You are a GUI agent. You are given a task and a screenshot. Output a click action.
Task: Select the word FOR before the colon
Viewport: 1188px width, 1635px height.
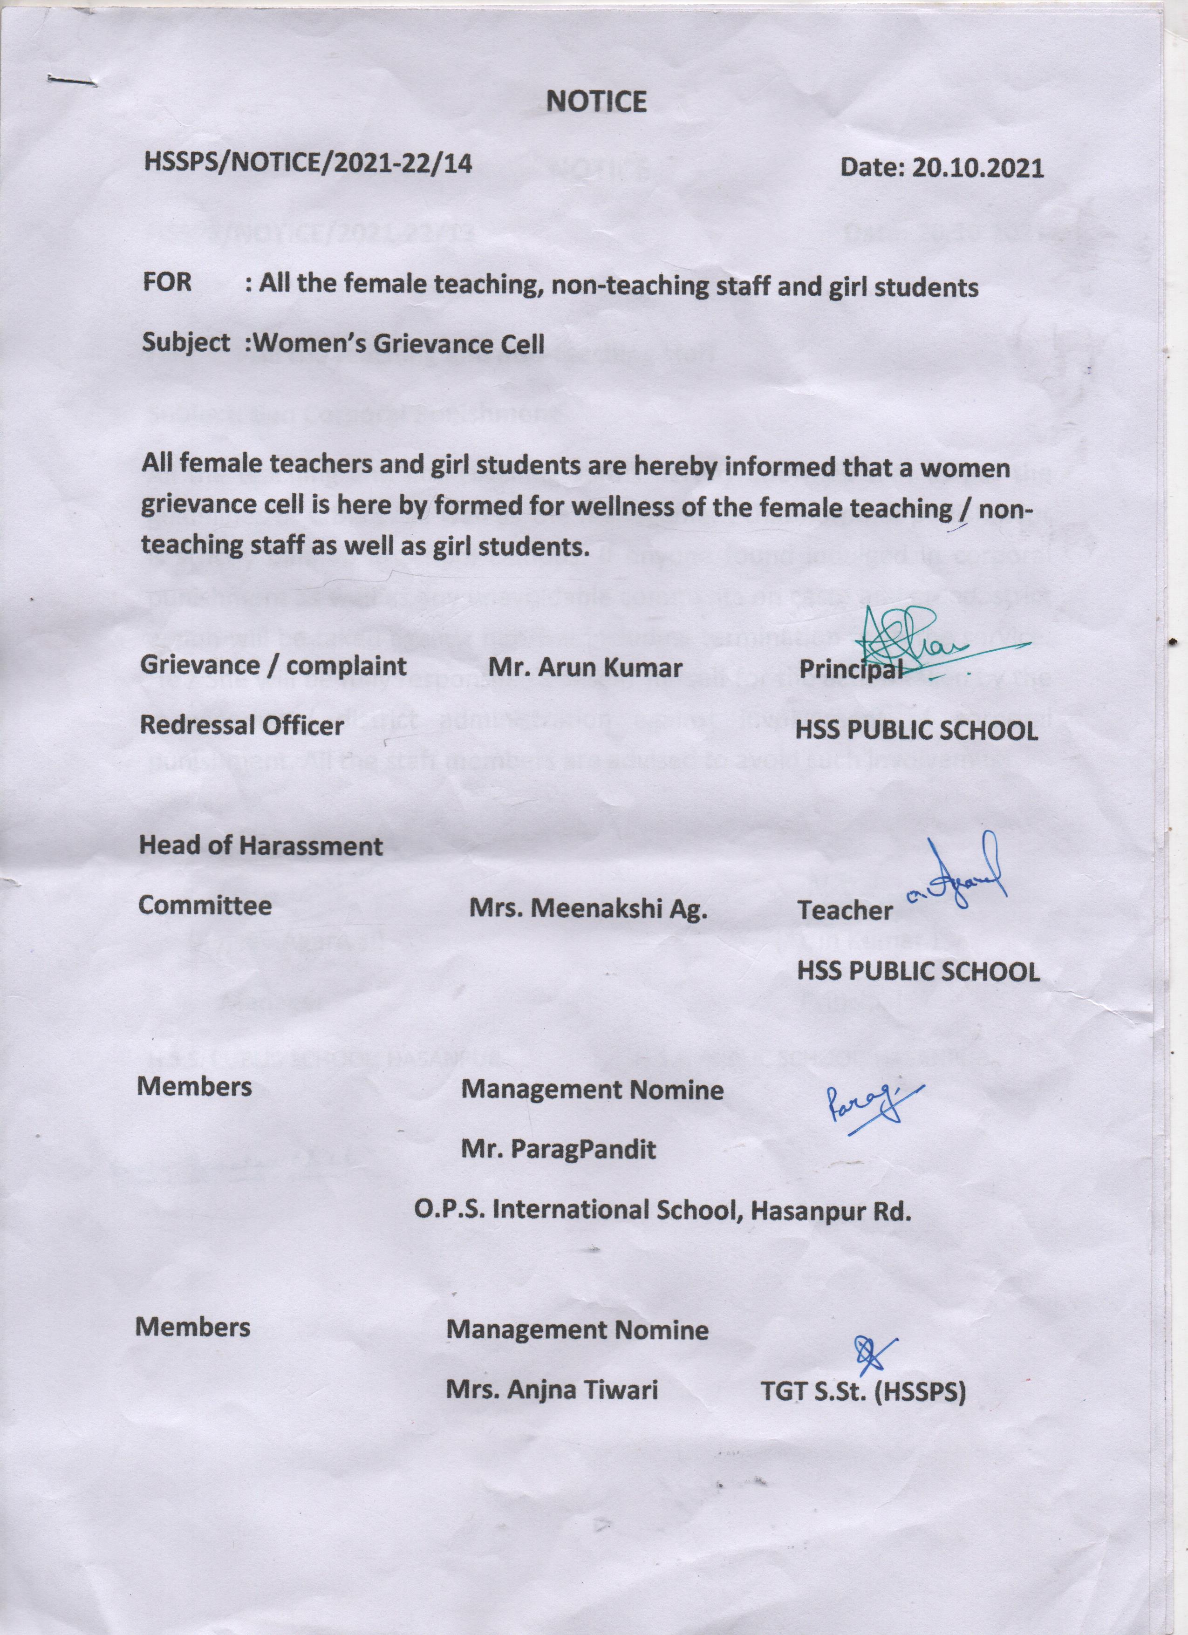[x=167, y=282]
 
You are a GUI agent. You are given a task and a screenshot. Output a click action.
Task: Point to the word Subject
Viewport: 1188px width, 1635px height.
[x=186, y=342]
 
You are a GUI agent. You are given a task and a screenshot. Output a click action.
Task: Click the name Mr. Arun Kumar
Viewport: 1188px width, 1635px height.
[x=585, y=668]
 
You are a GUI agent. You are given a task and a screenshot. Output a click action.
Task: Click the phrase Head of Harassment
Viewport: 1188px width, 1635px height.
[x=260, y=845]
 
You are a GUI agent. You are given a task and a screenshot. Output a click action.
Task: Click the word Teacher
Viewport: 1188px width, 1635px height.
[x=844, y=911]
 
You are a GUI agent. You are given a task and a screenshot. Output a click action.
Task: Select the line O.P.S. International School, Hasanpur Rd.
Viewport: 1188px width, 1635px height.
[x=662, y=1210]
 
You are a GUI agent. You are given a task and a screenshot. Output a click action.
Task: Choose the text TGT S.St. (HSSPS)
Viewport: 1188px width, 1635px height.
[x=862, y=1392]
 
